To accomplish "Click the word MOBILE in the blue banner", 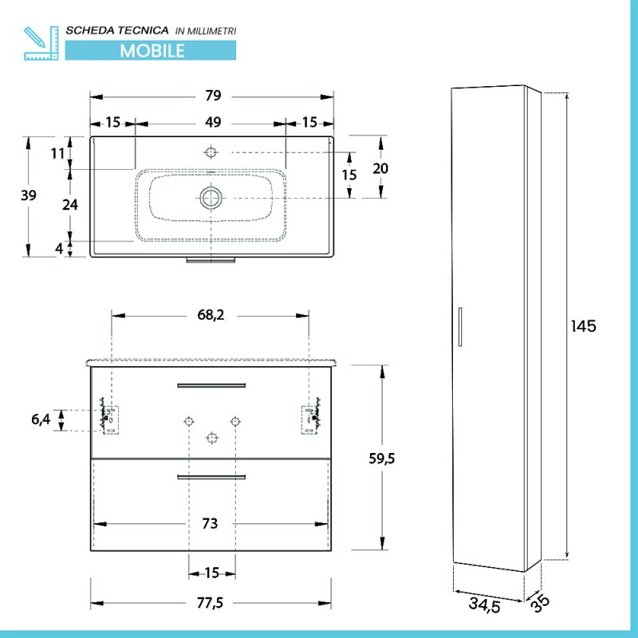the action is tap(152, 51).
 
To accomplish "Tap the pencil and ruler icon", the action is tap(41, 43).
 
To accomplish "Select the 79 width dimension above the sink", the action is tap(213, 96).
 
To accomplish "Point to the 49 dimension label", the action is tap(213, 122).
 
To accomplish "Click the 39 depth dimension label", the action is tap(29, 195).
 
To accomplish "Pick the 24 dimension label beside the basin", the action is tap(70, 205).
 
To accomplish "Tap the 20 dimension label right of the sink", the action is tap(380, 168).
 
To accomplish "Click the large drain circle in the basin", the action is tap(211, 198).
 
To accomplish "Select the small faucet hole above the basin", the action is tap(211, 152).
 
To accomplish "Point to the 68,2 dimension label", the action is tap(211, 315).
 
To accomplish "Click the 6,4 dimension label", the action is tap(41, 419).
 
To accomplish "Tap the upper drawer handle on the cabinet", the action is tap(211, 385).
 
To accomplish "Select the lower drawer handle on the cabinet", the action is tap(211, 477).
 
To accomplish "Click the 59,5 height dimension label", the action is tap(382, 459).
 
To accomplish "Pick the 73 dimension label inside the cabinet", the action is tap(210, 524).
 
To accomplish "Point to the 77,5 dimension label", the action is tap(210, 603).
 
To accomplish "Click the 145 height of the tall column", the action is tap(584, 326).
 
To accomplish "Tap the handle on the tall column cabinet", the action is tap(460, 327).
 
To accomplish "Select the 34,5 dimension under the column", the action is tap(485, 605).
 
